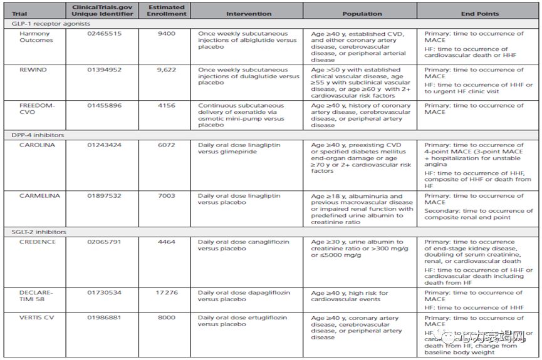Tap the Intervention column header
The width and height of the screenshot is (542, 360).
pos(249,13)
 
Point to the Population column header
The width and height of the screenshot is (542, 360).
pos(362,13)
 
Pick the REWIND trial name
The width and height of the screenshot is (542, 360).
pos(33,70)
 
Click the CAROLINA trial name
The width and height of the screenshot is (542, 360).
pos(36,145)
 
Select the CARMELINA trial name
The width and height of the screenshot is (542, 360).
pos(39,196)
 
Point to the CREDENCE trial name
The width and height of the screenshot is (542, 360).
pos(38,242)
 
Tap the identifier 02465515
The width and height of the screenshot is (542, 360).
pos(103,33)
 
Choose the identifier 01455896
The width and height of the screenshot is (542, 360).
pos(103,106)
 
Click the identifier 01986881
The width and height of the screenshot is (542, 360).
pos(103,317)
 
